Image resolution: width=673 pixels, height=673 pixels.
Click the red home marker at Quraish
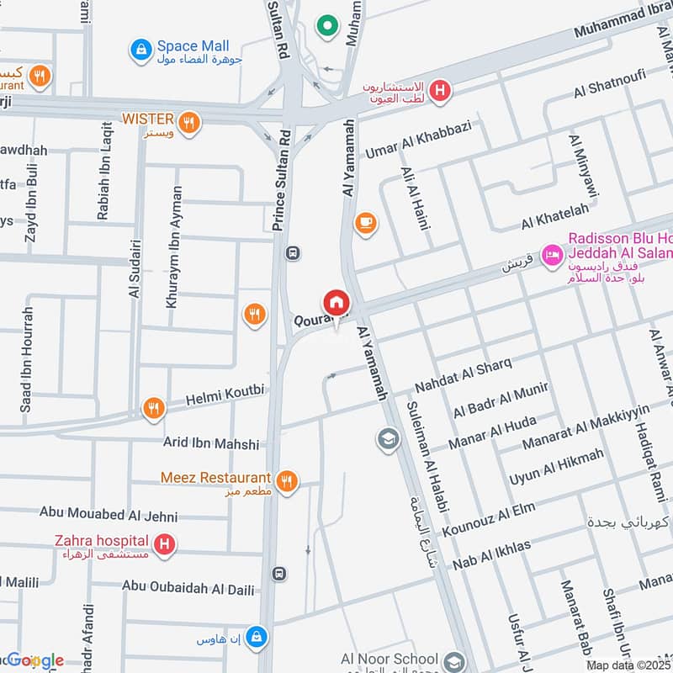coord(336,302)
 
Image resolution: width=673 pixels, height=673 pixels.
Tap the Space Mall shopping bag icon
coord(140,50)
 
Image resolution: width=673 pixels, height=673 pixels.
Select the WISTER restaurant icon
coord(191,121)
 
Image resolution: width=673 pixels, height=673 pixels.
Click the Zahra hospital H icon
coord(165,544)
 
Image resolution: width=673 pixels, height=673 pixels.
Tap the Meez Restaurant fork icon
coord(287,480)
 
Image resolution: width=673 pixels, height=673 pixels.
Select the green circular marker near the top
coord(326,27)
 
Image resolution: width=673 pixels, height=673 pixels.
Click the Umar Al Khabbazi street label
coord(418,140)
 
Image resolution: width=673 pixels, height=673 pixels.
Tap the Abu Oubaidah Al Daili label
coord(188,586)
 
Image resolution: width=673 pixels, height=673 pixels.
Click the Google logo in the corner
coord(34,660)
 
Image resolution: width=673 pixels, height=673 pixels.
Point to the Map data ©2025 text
coord(628,665)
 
